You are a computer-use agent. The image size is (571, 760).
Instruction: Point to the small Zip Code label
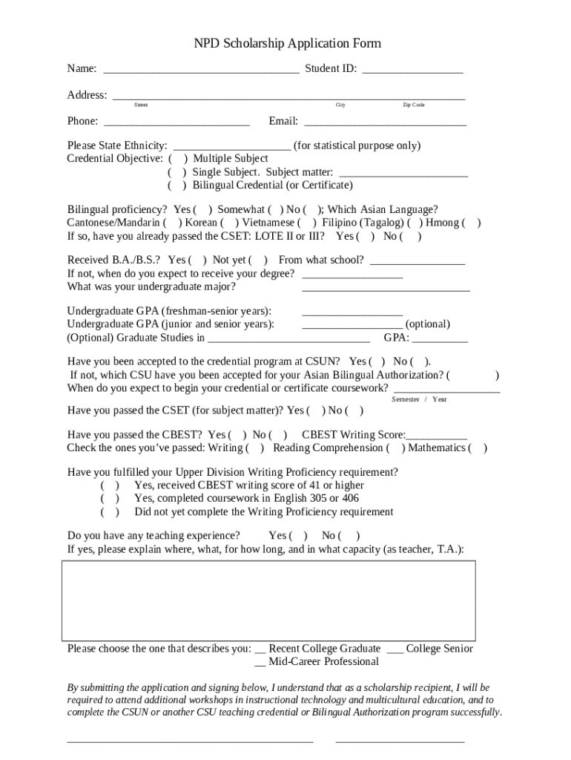point(413,105)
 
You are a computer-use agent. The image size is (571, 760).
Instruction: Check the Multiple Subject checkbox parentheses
point(178,159)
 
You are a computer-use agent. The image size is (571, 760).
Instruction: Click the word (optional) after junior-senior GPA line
point(428,324)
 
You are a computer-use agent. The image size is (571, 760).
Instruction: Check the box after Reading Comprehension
point(395,448)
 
